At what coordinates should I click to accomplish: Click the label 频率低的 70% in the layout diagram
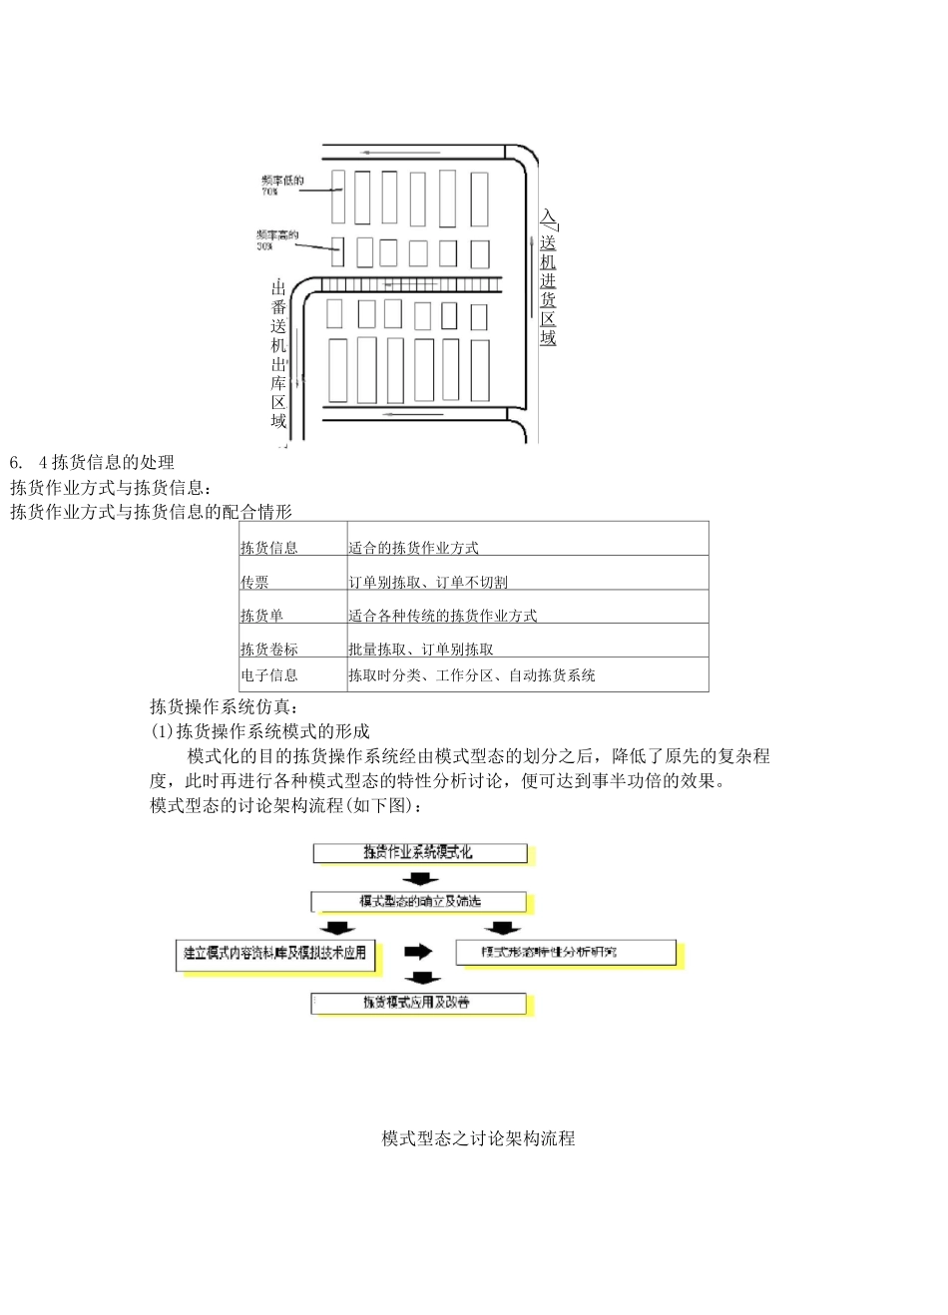coord(282,185)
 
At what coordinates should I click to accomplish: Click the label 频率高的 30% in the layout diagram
coord(276,239)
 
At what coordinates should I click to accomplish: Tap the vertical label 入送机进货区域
coord(548,277)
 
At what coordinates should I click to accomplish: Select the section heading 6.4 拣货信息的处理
coord(92,462)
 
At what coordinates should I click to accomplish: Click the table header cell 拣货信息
coord(268,548)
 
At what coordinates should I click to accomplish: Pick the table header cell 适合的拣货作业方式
coord(413,548)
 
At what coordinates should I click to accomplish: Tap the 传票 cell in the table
coord(254,582)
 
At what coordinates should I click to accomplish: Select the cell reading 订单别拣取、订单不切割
coord(427,582)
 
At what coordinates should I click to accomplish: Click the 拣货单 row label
coord(261,616)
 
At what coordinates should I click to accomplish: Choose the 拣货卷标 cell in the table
coord(268,650)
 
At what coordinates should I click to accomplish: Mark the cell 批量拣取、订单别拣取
coord(420,650)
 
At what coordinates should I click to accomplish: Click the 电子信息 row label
coord(268,675)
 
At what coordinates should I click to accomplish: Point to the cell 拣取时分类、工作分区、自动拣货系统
coord(471,675)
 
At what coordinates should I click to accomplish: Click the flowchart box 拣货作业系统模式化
coord(419,853)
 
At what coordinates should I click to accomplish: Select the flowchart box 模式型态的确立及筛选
coord(419,902)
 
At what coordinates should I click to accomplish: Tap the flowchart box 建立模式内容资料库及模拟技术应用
coord(275,954)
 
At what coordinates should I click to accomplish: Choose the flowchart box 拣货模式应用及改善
coord(418,1003)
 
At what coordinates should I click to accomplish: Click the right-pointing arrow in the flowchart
coord(418,952)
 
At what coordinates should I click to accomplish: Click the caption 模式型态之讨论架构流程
coord(478,1138)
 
